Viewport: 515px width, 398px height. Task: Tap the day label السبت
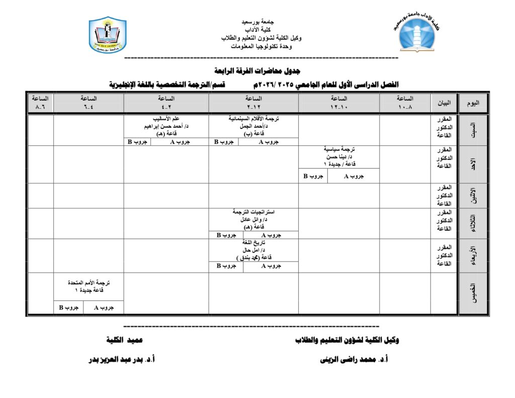point(472,130)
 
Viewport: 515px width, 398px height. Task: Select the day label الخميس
point(472,294)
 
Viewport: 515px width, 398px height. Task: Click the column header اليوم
point(472,103)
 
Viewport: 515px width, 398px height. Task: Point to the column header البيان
point(445,103)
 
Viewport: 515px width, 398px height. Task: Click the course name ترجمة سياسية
point(339,150)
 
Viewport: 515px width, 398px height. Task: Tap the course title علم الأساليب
point(166,119)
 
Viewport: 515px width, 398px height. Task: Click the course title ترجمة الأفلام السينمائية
point(253,119)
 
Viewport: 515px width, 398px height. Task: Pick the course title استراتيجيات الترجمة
point(253,212)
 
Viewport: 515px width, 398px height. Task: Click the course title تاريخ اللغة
point(253,243)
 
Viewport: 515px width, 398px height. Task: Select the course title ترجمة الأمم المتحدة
point(89,284)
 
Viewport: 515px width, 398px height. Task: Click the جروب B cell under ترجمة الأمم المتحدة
point(68,307)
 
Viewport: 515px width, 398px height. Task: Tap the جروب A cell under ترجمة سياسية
point(353,176)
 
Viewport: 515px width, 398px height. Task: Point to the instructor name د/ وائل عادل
point(253,220)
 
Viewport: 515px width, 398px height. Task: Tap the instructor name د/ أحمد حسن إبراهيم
point(166,126)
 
